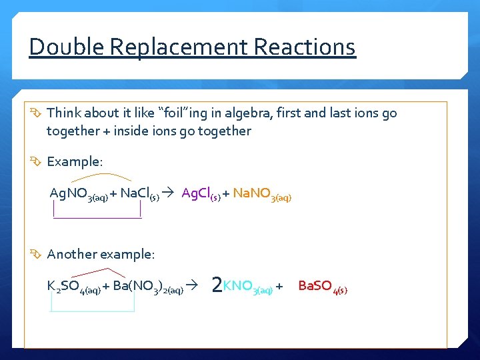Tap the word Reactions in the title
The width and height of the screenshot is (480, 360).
[x=306, y=47]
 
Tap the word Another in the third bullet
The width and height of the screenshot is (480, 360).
[x=71, y=254]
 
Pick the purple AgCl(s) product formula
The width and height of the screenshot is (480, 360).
[x=201, y=194]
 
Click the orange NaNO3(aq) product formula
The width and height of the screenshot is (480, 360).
[x=262, y=195]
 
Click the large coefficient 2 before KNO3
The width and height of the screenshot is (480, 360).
[x=216, y=285]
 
